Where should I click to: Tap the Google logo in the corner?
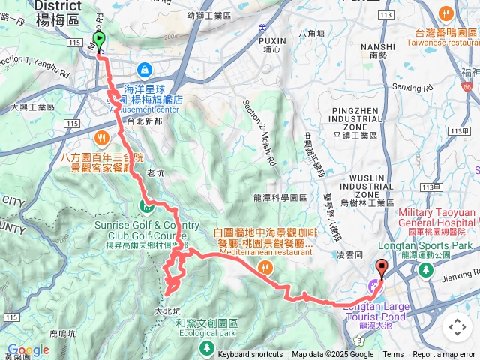[x=28, y=350]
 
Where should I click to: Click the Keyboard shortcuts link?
[x=250, y=355]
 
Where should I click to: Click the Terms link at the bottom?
[x=393, y=355]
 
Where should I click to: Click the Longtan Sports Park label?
[x=440, y=245]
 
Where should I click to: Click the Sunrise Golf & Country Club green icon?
[x=148, y=207]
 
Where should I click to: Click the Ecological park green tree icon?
[x=206, y=347]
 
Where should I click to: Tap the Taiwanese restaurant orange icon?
[x=446, y=13]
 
